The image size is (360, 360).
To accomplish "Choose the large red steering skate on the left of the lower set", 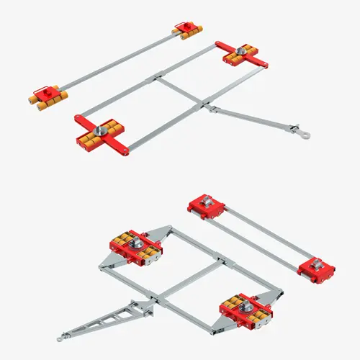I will click(134, 246).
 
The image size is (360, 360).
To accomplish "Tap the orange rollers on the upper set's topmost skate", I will click(189, 34).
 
